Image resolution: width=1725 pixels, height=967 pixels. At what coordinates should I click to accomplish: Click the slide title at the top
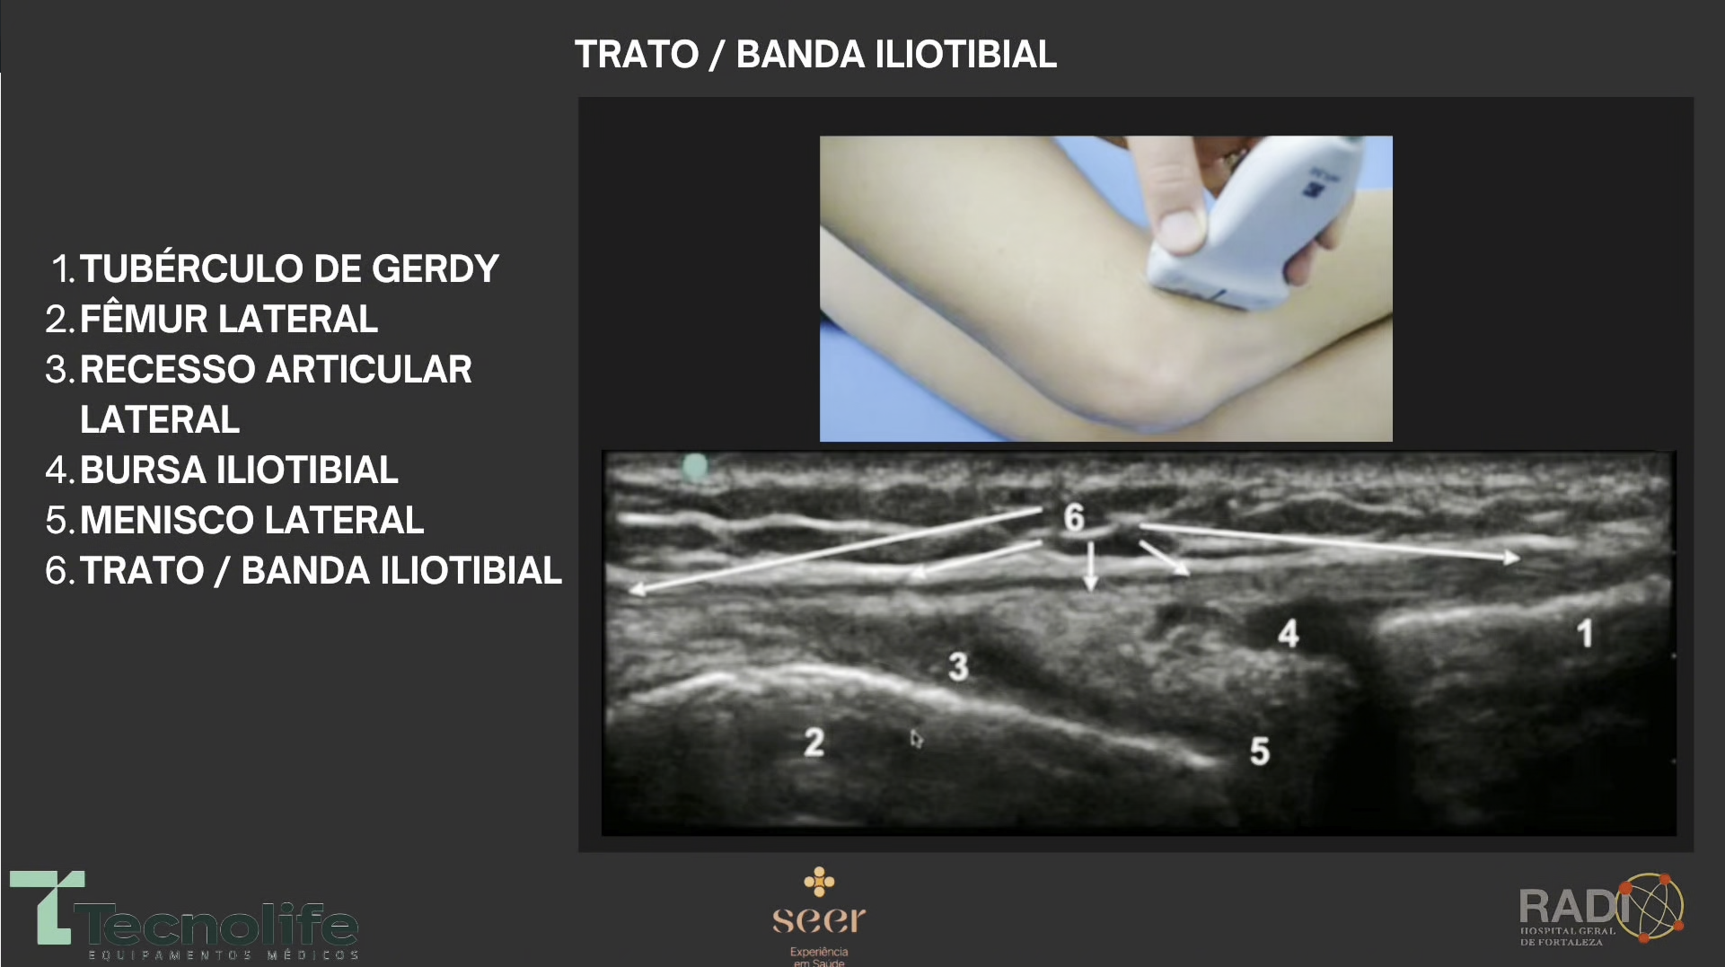(815, 55)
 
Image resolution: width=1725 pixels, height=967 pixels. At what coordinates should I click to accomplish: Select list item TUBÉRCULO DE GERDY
(275, 268)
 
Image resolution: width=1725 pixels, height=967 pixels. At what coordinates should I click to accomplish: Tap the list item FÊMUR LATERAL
(212, 319)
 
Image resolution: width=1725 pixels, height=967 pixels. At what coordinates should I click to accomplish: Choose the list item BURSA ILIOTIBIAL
(222, 470)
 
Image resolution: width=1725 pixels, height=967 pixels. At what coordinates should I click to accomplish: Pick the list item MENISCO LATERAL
(234, 520)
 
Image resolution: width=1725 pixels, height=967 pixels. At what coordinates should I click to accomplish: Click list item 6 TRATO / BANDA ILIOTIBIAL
(304, 570)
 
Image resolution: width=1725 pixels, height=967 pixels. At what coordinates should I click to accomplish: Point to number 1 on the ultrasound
(1585, 633)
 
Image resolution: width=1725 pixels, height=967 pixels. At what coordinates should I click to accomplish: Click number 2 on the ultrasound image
(814, 742)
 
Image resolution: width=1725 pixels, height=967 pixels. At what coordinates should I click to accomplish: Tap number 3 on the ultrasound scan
(958, 666)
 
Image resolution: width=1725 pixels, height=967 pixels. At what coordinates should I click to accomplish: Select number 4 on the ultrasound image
(1289, 633)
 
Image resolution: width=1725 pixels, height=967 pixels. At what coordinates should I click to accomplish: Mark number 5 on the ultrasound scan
(1260, 751)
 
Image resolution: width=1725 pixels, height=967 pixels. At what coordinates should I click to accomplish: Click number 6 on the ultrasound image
(1074, 517)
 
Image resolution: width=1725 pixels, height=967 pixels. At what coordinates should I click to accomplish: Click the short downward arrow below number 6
(1090, 566)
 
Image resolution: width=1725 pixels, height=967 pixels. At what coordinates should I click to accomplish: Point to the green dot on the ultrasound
(695, 467)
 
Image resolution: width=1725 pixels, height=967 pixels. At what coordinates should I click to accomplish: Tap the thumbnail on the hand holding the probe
(1179, 230)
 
